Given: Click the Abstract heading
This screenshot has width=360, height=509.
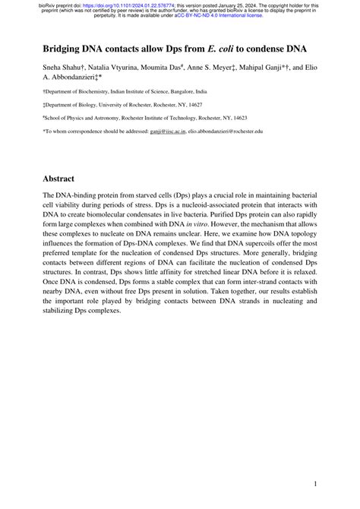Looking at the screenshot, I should pos(63,179).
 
